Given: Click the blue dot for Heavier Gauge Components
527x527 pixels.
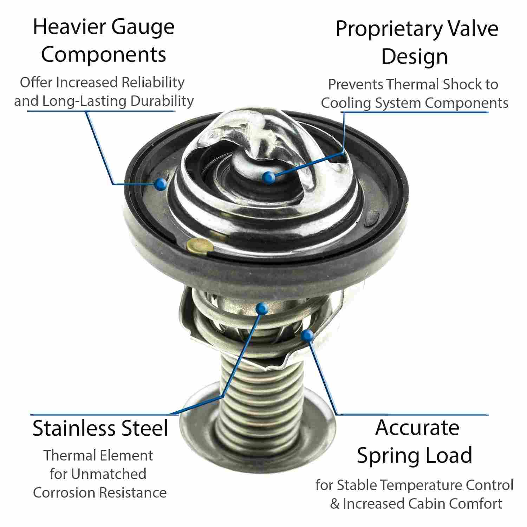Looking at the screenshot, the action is tap(161, 183).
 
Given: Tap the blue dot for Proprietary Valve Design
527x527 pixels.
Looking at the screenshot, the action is tap(269, 177).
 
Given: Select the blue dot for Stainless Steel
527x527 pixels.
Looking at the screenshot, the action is tap(262, 308).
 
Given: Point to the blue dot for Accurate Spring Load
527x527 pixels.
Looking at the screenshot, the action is tap(307, 336).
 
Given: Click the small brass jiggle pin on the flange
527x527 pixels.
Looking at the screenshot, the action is tap(199, 245).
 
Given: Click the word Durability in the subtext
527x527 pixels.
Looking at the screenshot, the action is tap(162, 101).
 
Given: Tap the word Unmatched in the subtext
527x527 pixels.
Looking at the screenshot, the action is tap(108, 474).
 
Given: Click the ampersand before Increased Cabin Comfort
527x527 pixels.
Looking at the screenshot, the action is tap(335, 504).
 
